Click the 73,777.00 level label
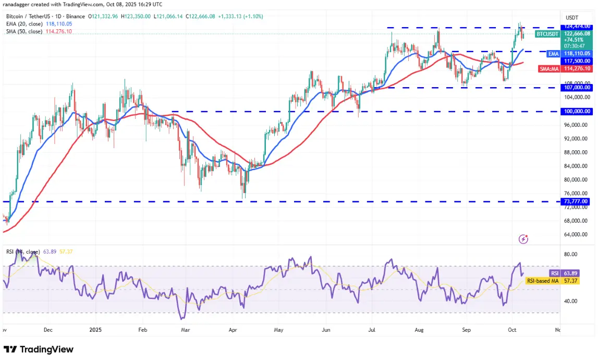coord(577,201)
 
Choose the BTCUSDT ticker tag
coord(547,34)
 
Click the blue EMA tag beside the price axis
coord(553,53)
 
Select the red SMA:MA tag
coord(550,68)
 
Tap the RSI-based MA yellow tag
coord(543,281)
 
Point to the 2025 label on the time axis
coord(95,330)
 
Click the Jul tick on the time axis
coord(372,330)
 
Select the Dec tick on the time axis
coord(48,330)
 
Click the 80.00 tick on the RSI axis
coord(571,254)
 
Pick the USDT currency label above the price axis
coord(572,17)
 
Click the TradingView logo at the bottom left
coord(39,349)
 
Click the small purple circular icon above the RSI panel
coord(524,239)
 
